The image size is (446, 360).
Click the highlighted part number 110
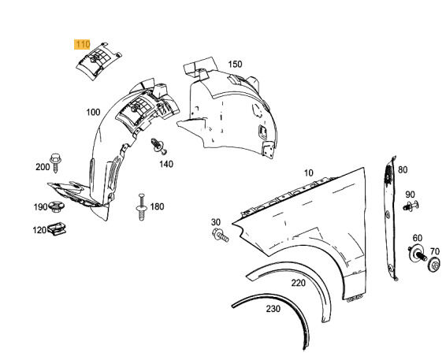[x=82, y=45]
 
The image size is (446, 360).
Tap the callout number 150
[x=235, y=64]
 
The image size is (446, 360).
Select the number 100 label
[x=93, y=113]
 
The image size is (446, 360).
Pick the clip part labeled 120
[x=56, y=230]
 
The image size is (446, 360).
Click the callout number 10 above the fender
[x=308, y=173]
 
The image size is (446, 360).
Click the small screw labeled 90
[x=411, y=207]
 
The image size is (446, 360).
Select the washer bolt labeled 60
[x=414, y=254]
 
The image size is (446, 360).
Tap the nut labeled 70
[x=433, y=267]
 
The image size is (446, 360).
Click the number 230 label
[x=273, y=310]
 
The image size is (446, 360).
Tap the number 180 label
[x=157, y=206]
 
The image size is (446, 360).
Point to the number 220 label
[x=298, y=282]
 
